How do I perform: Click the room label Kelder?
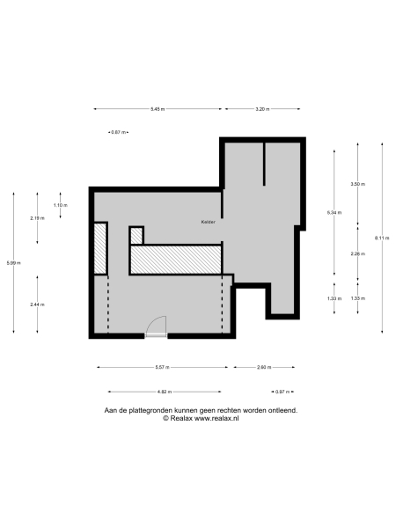(x=208, y=222)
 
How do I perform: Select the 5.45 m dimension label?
(x=158, y=109)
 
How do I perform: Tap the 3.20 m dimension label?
(x=262, y=109)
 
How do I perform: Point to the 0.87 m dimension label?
(x=116, y=132)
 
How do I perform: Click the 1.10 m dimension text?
(x=60, y=205)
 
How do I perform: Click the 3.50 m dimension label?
(x=357, y=184)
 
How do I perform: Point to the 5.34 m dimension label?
(x=334, y=213)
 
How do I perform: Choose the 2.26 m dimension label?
(x=357, y=253)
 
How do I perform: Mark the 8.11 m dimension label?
(x=381, y=237)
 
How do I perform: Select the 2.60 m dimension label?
(x=264, y=367)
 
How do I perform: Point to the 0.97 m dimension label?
(x=282, y=392)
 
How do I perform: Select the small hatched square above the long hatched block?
(x=136, y=235)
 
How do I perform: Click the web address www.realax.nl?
(x=209, y=418)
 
